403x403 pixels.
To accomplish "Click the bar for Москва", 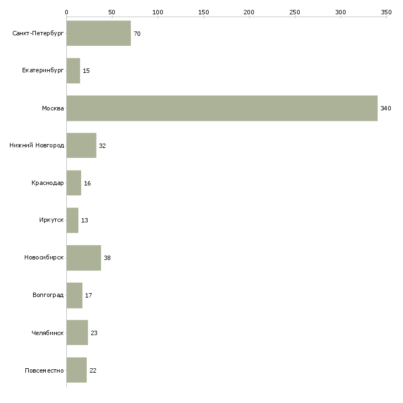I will [222, 108].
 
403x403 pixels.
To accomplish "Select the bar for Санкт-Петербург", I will [98, 34].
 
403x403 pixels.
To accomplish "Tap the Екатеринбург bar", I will [73, 71].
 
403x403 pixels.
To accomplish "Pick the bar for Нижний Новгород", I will [81, 146].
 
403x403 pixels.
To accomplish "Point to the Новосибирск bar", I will [83, 258].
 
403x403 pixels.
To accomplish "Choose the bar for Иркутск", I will [72, 220].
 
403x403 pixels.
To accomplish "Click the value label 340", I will [385, 108].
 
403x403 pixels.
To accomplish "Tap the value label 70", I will [137, 34].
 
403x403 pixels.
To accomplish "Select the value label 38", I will [107, 258].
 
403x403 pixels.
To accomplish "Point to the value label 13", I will [84, 220].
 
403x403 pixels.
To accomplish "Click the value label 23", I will [94, 333].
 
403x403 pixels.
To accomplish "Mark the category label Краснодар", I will [47, 183].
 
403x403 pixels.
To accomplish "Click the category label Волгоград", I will [48, 295].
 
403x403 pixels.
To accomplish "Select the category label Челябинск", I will [47, 333].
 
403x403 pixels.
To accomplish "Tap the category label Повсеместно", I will [44, 370].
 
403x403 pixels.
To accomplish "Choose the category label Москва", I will [53, 108].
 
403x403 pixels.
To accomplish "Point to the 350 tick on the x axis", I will [386, 12].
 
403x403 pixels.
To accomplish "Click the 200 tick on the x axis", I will [249, 12].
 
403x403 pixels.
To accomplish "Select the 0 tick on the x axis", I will [66, 12].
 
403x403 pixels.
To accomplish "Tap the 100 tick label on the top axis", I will [158, 12].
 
